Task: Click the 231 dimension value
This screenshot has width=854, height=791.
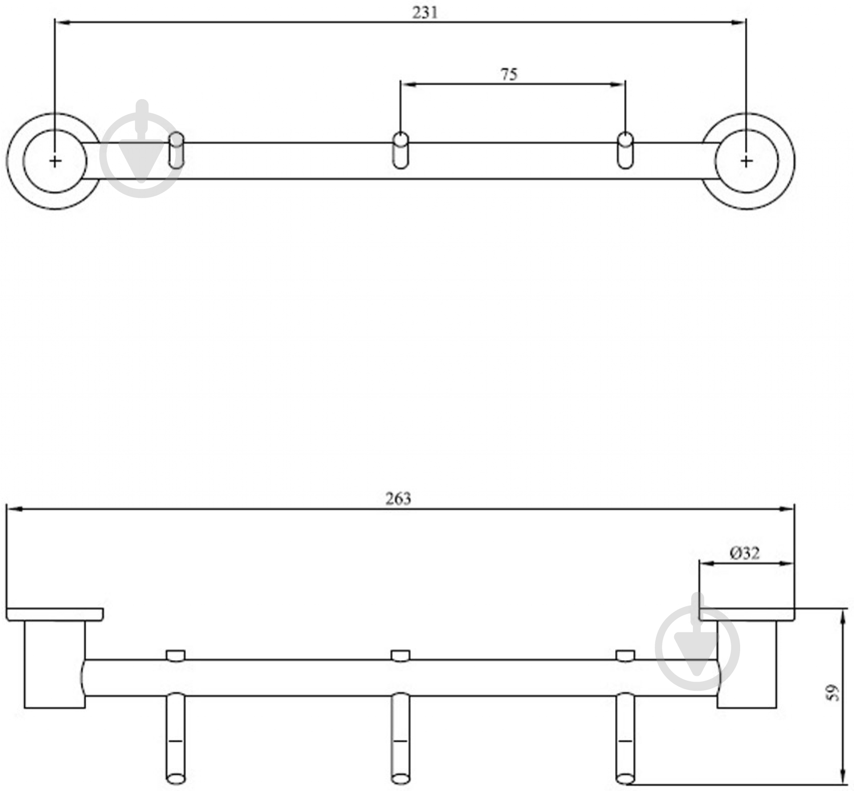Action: [x=425, y=12]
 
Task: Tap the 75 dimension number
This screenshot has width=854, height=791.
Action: [x=509, y=74]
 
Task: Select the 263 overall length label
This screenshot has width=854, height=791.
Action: [x=398, y=499]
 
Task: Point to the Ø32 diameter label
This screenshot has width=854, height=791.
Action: [x=745, y=553]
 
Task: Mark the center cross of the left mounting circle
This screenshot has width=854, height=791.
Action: [x=55, y=161]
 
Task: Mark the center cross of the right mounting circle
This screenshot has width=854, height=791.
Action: [x=746, y=161]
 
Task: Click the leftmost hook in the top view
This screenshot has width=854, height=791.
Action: [x=177, y=150]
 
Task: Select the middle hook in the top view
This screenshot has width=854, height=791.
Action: [x=401, y=150]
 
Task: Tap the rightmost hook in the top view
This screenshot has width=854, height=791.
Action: [x=625, y=150]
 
